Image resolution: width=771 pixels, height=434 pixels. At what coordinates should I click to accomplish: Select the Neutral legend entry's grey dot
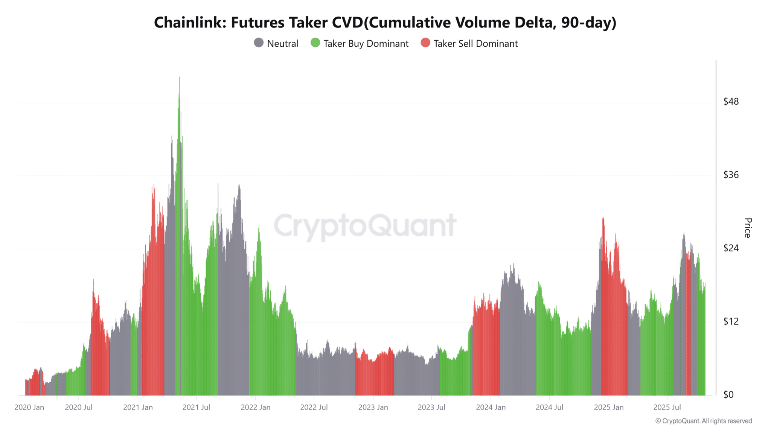pyautogui.click(x=259, y=43)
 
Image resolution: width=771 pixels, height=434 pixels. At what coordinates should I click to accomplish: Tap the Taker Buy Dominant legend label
pyautogui.click(x=366, y=44)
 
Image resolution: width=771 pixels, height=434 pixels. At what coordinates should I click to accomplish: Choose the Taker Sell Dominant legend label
pyautogui.click(x=475, y=44)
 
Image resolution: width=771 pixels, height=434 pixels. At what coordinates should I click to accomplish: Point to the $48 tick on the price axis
pyautogui.click(x=731, y=101)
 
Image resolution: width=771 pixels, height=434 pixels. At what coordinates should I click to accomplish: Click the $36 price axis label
pyautogui.click(x=731, y=175)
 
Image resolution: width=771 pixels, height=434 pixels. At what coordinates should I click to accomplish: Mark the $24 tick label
pyautogui.click(x=731, y=248)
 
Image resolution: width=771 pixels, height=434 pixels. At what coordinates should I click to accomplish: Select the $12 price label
pyautogui.click(x=731, y=321)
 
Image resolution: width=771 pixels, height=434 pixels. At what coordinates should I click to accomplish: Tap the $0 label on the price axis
pyautogui.click(x=728, y=394)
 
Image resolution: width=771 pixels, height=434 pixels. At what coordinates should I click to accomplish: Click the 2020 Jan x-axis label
pyautogui.click(x=29, y=407)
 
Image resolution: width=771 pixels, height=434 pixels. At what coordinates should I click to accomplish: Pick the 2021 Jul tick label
pyautogui.click(x=196, y=407)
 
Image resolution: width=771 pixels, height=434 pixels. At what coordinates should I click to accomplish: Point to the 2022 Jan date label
pyautogui.click(x=255, y=407)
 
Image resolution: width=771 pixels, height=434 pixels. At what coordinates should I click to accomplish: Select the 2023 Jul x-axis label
pyautogui.click(x=431, y=407)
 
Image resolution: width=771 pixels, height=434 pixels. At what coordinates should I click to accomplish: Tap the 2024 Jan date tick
pyautogui.click(x=491, y=407)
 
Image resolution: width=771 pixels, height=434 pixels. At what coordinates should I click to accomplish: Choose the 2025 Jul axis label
pyautogui.click(x=667, y=407)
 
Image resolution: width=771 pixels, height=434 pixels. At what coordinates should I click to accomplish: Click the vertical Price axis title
pyautogui.click(x=748, y=228)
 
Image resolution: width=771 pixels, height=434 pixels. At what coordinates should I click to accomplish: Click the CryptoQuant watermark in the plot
pyautogui.click(x=365, y=226)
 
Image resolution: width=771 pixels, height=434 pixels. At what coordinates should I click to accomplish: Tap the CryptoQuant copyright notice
pyautogui.click(x=704, y=421)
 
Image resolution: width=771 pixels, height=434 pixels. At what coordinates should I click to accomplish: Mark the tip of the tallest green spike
pyautogui.click(x=180, y=78)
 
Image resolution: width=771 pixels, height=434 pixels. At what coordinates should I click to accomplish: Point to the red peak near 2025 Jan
pyautogui.click(x=603, y=219)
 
